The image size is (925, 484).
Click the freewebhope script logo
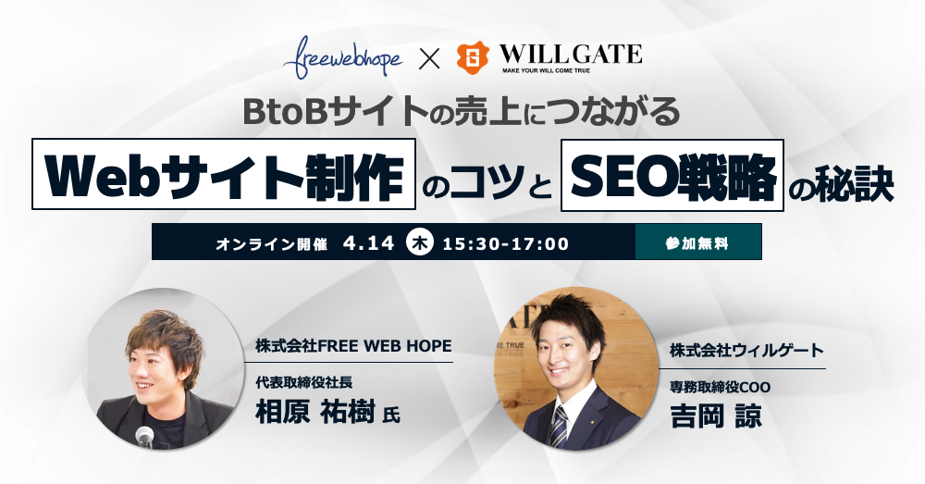[343, 57]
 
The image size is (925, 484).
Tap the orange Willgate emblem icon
[473, 57]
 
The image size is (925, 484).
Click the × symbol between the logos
[429, 58]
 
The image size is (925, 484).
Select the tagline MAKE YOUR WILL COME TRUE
[547, 70]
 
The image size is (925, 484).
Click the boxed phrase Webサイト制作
[224, 174]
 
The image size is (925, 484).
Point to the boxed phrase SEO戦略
[672, 175]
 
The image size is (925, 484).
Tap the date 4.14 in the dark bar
[369, 242]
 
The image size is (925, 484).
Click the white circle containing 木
[421, 242]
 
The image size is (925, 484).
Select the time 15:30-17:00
[506, 243]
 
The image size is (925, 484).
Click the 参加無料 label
[697, 243]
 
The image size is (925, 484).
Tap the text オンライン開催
[272, 243]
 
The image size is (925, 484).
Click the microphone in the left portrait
[144, 438]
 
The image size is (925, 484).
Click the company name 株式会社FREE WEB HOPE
[353, 345]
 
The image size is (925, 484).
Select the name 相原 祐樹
[315, 412]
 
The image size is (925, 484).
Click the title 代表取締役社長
[303, 382]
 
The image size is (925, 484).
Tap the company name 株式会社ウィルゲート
[746, 350]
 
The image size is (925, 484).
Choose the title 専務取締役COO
[720, 387]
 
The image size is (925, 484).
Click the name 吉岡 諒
[716, 416]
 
